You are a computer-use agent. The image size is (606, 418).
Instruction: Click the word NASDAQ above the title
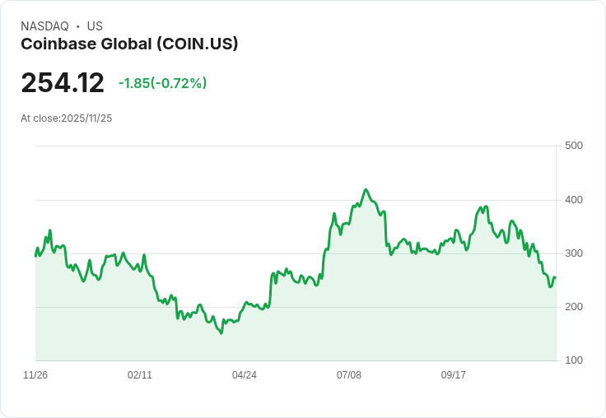(44, 26)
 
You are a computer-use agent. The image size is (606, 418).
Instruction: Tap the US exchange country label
(95, 26)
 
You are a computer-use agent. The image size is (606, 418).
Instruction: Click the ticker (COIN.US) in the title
(197, 44)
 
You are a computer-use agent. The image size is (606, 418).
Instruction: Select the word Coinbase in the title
(59, 44)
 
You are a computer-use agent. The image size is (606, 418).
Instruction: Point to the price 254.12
(63, 82)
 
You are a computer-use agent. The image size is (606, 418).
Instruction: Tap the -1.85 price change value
(134, 83)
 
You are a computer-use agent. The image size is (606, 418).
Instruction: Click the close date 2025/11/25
(86, 118)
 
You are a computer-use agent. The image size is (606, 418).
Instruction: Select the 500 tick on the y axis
(574, 146)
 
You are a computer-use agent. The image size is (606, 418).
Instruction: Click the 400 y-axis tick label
(574, 200)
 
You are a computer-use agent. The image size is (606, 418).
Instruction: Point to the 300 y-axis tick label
(574, 253)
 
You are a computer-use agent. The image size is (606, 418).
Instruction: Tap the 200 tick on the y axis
(574, 307)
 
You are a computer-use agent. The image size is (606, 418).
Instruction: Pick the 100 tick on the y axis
(574, 360)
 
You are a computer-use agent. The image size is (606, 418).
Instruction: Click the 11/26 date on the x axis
(35, 375)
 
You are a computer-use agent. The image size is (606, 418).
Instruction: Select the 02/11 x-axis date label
(140, 375)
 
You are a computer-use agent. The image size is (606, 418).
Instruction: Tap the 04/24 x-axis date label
(245, 375)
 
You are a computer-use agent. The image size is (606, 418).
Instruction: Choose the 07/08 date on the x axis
(349, 375)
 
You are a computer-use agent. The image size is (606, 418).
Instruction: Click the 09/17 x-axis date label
(454, 375)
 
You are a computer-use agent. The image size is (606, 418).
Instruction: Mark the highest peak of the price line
(366, 189)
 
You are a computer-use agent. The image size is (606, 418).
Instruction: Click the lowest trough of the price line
(221, 333)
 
